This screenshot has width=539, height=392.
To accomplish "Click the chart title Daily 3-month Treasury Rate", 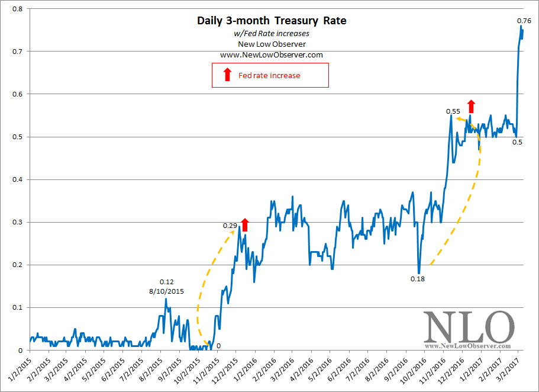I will (x=272, y=21).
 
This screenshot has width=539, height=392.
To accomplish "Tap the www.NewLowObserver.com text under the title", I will (x=272, y=55).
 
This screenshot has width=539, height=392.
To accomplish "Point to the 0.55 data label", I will (x=453, y=111).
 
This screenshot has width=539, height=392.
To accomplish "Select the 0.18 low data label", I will (x=418, y=278).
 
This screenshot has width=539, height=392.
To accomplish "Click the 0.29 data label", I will (x=230, y=226).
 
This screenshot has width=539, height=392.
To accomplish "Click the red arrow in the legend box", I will (x=227, y=75).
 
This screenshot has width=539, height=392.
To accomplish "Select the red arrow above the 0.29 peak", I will (x=246, y=224).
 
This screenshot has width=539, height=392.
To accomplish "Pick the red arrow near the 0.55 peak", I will (x=471, y=106).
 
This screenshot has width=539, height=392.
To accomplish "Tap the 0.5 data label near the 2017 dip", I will (x=517, y=143).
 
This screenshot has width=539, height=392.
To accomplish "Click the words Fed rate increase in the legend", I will (x=269, y=76).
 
